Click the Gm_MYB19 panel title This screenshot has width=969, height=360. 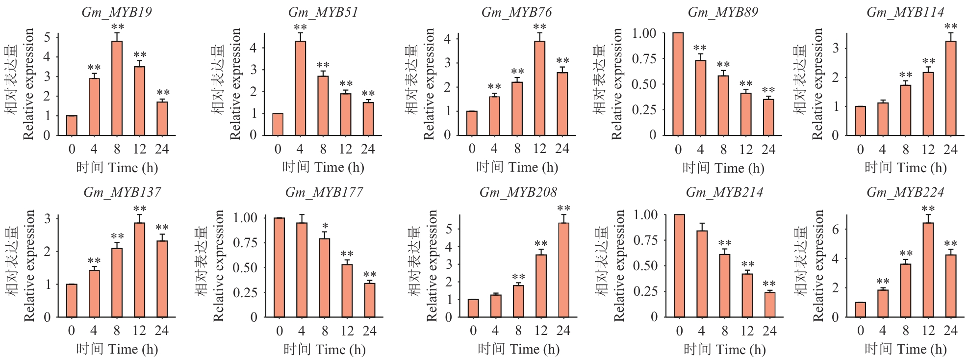(117, 12)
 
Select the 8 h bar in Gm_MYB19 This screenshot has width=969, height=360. (117, 88)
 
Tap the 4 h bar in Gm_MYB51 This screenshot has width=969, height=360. (300, 88)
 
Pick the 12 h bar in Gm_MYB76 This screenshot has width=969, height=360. (539, 88)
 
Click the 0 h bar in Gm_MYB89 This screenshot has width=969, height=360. (678, 84)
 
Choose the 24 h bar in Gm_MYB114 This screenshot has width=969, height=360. (950, 88)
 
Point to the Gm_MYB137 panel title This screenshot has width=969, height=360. (122, 192)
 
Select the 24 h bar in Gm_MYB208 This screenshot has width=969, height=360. (564, 270)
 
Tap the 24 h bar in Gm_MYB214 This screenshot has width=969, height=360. (770, 305)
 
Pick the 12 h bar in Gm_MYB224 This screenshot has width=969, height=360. (928, 270)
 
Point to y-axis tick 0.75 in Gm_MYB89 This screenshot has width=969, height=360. (644, 59)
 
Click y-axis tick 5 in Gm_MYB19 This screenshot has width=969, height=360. (47, 37)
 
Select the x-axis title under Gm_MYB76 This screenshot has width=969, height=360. (517, 168)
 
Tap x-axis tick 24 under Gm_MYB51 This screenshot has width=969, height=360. (368, 149)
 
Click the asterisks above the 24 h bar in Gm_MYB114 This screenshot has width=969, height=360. (950, 27)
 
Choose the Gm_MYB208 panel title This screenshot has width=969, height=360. (518, 192)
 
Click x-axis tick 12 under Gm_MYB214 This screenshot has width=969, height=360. (747, 331)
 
